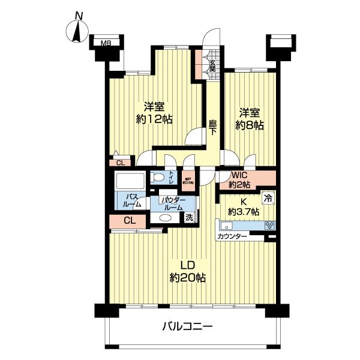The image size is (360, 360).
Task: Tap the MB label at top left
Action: (x=106, y=43)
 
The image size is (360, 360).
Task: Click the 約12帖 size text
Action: (x=154, y=119)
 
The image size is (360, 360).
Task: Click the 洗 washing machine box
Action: (x=190, y=217)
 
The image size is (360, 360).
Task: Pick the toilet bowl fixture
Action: (x=158, y=177)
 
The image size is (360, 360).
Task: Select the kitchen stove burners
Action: (x=269, y=226)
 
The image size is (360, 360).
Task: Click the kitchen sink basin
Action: (x=228, y=226)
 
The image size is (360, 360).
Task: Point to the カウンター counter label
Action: (x=232, y=237)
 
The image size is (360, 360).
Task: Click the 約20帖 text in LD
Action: (x=188, y=277)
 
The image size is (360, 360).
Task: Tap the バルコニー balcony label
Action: (x=187, y=327)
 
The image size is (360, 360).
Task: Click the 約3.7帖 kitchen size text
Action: (x=244, y=212)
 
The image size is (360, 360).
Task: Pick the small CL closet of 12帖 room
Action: (x=121, y=162)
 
